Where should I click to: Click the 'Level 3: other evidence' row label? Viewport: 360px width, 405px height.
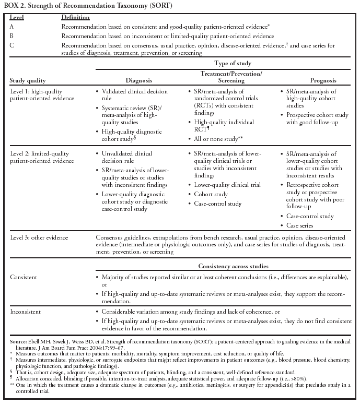click(x=39, y=237)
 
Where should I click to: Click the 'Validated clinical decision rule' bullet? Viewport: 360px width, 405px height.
click(x=129, y=94)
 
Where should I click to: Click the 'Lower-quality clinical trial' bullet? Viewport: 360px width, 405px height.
click(x=227, y=185)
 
